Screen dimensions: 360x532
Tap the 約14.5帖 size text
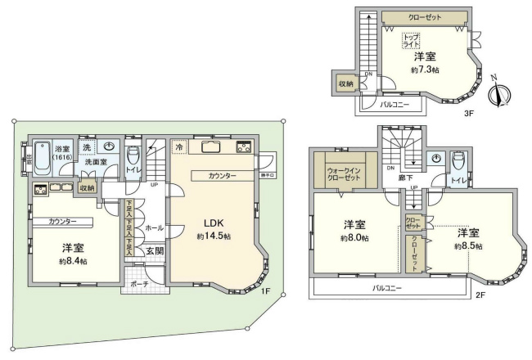214,236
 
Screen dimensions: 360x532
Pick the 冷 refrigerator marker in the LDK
179,147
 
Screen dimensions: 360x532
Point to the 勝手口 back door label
266,173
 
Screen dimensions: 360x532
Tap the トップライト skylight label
412,41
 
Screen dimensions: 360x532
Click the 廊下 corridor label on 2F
404,178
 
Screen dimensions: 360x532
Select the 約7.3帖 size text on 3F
426,70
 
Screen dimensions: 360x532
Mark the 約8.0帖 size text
354,238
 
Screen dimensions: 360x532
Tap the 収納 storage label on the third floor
345,84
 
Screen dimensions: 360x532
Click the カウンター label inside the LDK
222,176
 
